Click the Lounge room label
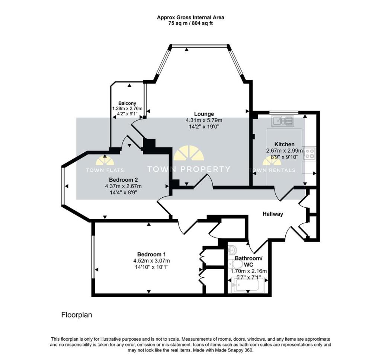[204, 114]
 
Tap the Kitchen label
[284, 144]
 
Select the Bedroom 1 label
[151, 254]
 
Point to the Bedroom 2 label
[124, 180]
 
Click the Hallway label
[273, 214]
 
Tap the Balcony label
[127, 103]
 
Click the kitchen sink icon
[283, 121]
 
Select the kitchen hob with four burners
[310, 153]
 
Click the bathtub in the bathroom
[247, 285]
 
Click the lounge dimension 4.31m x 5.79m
[204, 120]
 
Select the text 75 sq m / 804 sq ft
[190, 23]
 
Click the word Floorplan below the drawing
[77, 315]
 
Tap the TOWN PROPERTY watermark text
[189, 169]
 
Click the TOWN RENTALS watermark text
[272, 170]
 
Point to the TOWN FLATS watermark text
[105, 170]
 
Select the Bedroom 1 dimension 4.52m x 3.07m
[151, 261]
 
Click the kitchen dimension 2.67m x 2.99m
[285, 151]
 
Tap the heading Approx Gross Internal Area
[190, 17]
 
